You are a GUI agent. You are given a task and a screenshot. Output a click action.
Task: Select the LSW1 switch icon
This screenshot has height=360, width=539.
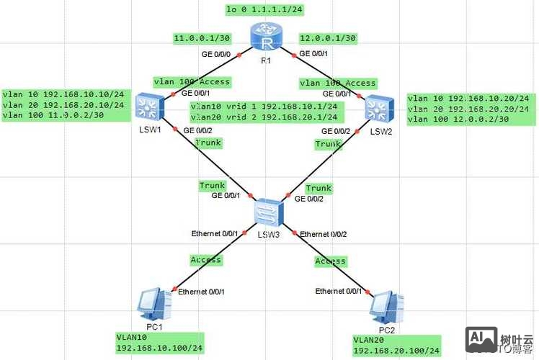149,107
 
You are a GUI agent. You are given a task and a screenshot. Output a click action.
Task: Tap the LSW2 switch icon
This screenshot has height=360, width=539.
378,108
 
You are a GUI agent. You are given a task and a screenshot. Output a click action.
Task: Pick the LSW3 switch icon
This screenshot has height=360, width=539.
269,212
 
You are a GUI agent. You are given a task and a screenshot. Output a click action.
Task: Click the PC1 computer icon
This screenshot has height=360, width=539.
155,305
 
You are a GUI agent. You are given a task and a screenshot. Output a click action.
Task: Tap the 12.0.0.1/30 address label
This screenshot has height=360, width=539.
327,38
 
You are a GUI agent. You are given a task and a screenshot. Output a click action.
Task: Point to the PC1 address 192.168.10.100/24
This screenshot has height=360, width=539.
159,348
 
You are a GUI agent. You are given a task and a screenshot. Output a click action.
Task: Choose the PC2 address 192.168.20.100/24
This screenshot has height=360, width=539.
396,351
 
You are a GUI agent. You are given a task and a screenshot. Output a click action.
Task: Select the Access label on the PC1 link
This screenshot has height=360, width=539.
205,259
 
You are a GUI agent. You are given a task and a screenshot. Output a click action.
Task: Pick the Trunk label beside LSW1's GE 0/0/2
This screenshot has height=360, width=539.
209,143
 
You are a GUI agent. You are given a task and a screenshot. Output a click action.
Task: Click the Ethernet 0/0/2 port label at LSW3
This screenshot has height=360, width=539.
324,234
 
